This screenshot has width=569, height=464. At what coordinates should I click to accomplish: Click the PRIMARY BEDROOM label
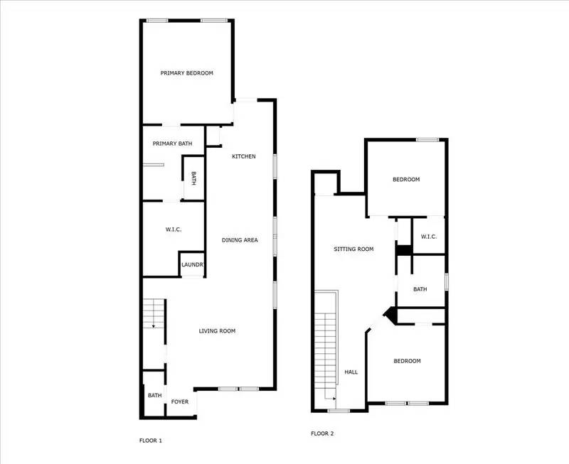point(186,73)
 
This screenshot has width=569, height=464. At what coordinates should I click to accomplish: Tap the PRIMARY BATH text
point(172,144)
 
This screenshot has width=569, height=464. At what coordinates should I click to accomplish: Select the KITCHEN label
point(243,156)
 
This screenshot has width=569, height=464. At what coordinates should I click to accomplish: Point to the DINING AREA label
point(240,240)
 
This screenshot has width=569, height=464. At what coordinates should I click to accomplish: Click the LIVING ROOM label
point(217,331)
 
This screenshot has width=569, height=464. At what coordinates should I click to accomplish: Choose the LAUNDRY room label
point(193,265)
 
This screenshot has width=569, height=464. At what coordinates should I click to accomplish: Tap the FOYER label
point(180,402)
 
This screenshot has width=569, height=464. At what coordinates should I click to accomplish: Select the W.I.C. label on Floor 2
point(428,237)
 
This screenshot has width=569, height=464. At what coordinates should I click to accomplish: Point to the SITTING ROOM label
point(354,249)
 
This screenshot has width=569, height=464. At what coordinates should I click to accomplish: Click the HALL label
point(351,372)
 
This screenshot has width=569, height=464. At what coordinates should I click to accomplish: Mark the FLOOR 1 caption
point(150,441)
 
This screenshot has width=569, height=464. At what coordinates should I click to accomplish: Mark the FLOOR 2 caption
point(322,433)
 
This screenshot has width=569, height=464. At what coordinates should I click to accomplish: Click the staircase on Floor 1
point(154,313)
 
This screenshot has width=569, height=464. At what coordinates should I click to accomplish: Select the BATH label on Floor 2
point(420,289)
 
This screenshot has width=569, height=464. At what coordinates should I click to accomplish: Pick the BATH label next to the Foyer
point(154,396)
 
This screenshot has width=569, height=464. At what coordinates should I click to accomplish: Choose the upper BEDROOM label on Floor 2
point(406,180)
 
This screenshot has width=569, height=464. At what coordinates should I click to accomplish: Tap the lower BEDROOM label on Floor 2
point(408,361)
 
